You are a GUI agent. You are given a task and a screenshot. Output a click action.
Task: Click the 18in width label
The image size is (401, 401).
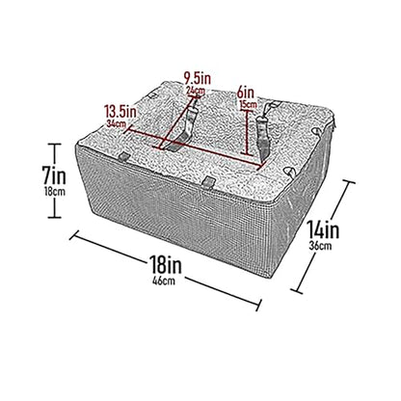tap(165, 265)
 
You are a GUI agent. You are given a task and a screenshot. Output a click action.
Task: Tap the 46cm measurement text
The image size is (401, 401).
tap(164, 281)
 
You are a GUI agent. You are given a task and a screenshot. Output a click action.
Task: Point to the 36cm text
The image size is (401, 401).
tap(320, 246)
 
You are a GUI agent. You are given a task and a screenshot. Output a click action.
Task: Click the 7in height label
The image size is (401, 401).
tap(54, 176)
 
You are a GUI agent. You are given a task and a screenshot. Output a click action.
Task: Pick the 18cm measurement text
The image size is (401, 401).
tap(55, 192)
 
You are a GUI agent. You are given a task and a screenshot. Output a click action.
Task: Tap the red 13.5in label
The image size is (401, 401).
tap(120, 113)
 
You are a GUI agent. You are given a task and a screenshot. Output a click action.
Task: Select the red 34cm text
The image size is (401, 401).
tap(117, 123)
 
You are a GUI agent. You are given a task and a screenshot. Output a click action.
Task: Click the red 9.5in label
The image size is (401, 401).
tap(198, 78)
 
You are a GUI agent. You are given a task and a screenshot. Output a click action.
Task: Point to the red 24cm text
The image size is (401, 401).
tap(196, 90)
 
